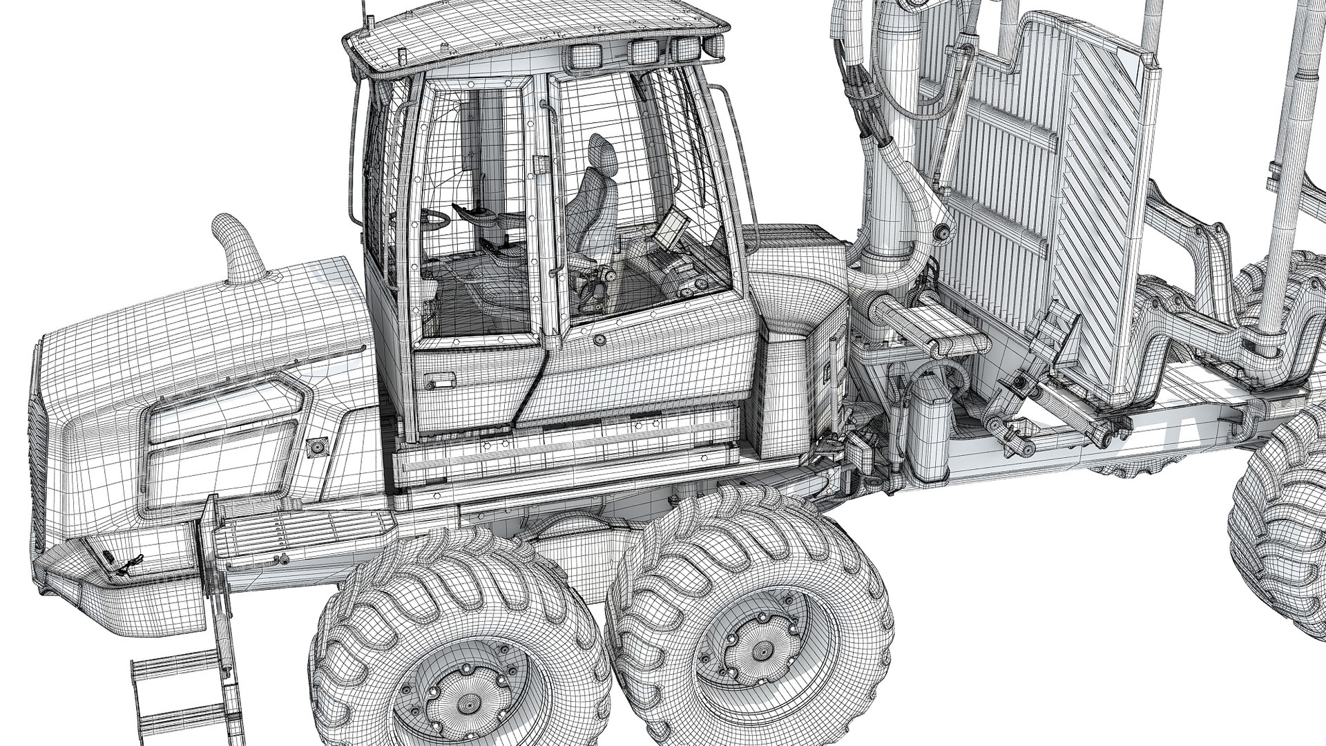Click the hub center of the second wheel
(x=760, y=650)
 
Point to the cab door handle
(x=439, y=379)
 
